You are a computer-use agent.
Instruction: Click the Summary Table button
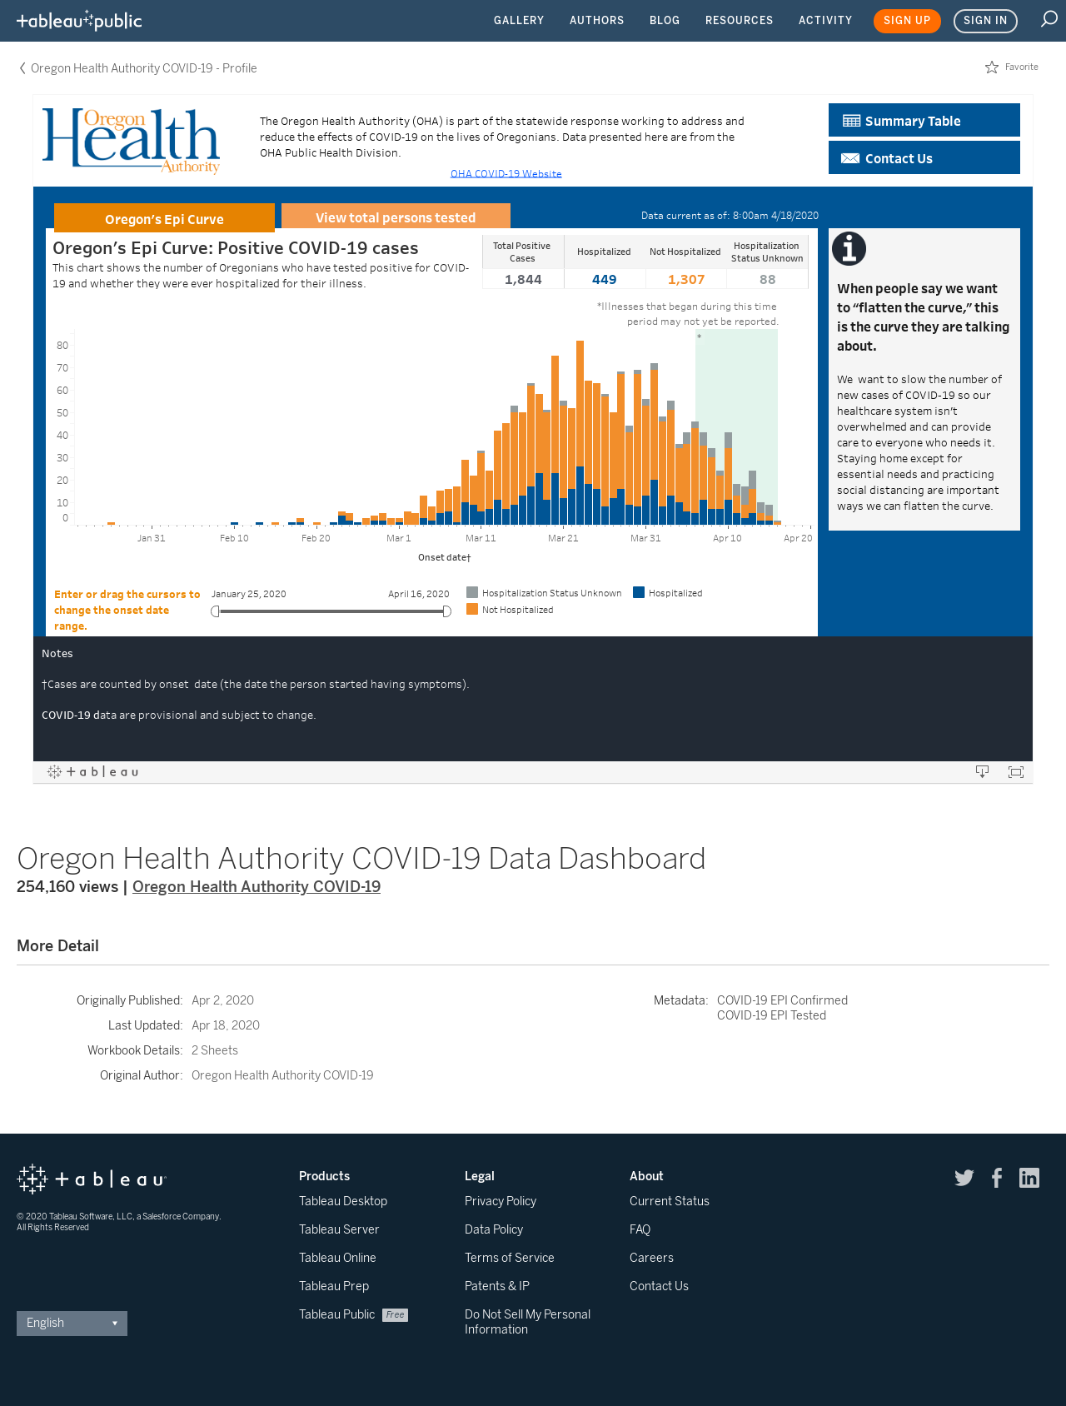point(924,120)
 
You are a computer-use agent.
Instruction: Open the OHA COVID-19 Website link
point(506,173)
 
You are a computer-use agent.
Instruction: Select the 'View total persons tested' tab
point(396,217)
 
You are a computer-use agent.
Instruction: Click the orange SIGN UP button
point(907,21)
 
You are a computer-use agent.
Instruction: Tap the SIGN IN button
point(985,21)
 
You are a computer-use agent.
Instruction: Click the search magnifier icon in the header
point(1049,19)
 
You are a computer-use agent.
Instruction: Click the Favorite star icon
point(992,67)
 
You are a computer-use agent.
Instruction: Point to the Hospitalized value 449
point(605,280)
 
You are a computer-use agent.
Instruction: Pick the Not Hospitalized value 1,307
point(686,280)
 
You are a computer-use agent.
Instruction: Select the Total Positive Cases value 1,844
point(523,280)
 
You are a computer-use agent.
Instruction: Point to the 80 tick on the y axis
point(62,346)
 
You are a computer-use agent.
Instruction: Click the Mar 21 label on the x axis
point(563,538)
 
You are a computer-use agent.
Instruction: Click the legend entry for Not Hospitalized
point(510,610)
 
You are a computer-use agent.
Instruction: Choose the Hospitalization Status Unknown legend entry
point(544,593)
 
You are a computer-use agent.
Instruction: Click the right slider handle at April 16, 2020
point(447,611)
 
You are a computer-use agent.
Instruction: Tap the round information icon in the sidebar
point(849,248)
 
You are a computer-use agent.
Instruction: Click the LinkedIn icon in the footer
point(1029,1178)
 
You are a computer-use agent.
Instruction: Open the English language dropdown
point(72,1323)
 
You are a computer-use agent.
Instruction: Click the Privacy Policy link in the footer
point(501,1201)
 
